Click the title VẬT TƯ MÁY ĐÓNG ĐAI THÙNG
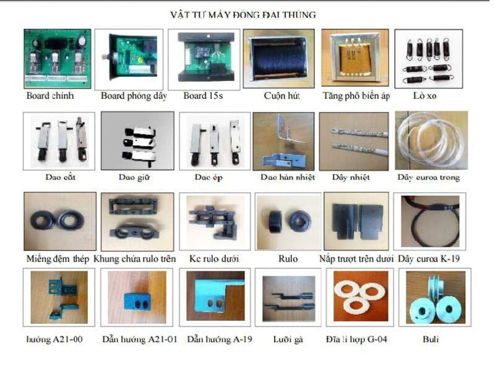tap(243, 14)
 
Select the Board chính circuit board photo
tap(57, 59)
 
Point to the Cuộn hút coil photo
tap(280, 59)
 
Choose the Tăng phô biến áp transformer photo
tap(355, 59)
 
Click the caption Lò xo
tap(426, 96)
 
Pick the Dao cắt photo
tap(59, 140)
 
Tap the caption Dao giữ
tap(135, 177)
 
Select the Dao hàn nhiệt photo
tap(287, 140)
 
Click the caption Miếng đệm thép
tap(58, 258)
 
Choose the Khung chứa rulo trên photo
tap(136, 221)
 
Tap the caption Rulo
tap(288, 258)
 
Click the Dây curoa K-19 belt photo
tap(429, 221)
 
